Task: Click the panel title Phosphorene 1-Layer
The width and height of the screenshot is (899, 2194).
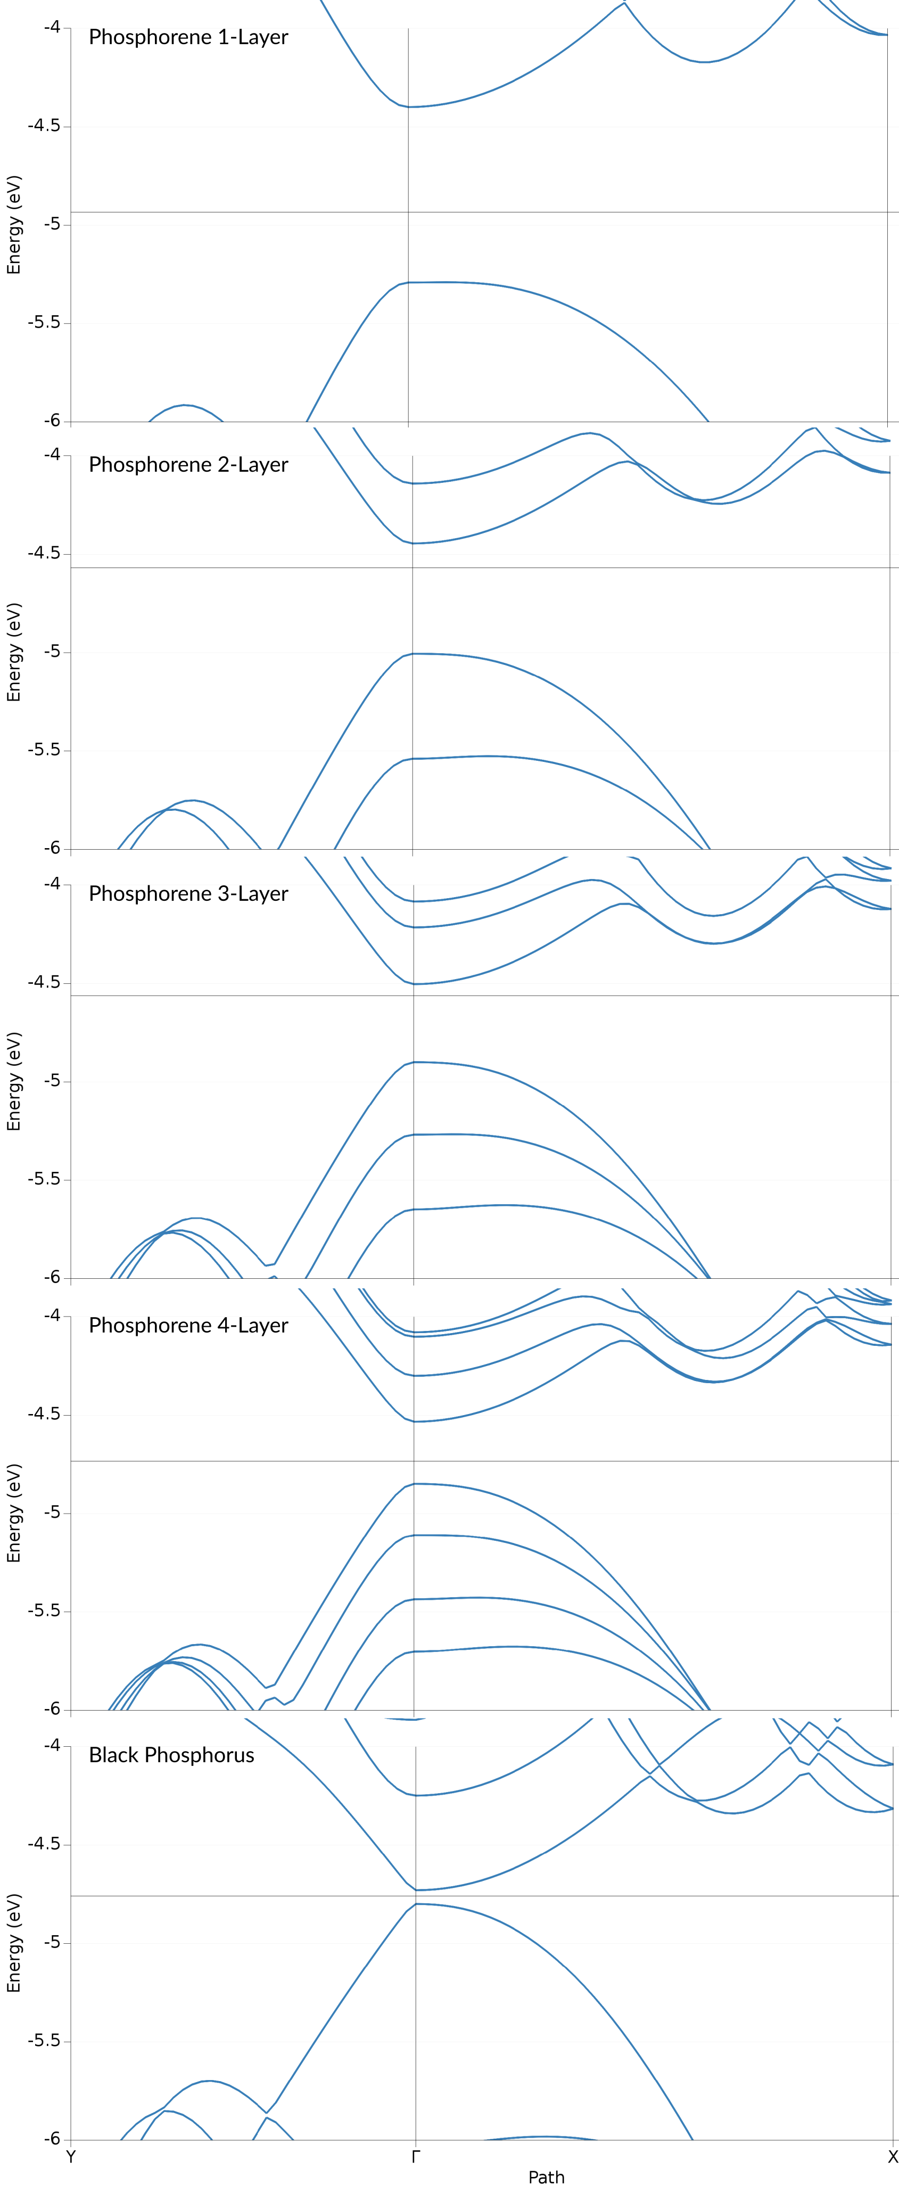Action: [x=188, y=37]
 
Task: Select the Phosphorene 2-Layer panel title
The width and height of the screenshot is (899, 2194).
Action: [x=188, y=465]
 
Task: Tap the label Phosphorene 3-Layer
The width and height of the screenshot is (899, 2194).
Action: [x=188, y=894]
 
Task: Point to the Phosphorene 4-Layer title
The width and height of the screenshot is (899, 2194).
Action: [x=188, y=1326]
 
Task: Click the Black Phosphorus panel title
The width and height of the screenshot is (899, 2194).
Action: [x=171, y=1755]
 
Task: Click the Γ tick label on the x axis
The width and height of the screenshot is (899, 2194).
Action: [x=416, y=2157]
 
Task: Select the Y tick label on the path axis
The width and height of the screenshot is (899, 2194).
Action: [x=71, y=2157]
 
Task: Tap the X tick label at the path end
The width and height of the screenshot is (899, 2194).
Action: [x=892, y=2157]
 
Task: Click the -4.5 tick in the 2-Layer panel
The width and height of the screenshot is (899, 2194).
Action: [x=44, y=554]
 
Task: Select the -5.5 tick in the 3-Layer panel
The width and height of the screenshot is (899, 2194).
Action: [x=44, y=1180]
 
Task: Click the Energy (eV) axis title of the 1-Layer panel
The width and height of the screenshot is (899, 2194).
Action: [x=14, y=225]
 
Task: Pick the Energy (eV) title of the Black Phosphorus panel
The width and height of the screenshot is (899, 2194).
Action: [x=14, y=1943]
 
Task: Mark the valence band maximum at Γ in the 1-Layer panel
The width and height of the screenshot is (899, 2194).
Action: [x=409, y=283]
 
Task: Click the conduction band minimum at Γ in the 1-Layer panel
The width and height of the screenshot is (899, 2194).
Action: [x=409, y=106]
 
